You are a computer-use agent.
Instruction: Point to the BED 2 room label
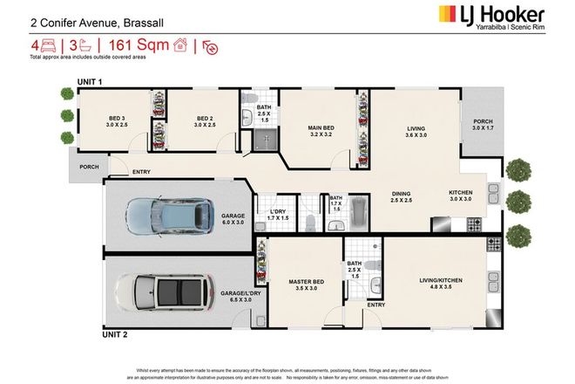(205, 122)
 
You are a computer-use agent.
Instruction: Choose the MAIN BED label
(322, 133)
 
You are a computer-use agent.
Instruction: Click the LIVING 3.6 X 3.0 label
(416, 133)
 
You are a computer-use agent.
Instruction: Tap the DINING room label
(401, 197)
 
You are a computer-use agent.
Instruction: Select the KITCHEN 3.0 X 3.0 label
(461, 196)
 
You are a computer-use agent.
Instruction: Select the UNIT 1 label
(90, 81)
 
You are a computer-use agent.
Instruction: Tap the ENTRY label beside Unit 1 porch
(142, 172)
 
